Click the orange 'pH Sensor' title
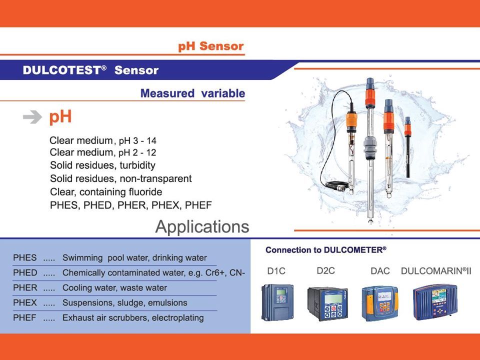(211, 46)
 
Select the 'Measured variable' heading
(192, 93)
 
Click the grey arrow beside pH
(32, 116)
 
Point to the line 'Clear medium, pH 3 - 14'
(103, 140)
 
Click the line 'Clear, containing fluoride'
(106, 192)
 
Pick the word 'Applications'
(202, 227)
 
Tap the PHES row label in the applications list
(25, 258)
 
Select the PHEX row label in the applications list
(25, 302)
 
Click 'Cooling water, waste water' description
(115, 288)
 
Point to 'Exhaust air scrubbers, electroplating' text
(133, 318)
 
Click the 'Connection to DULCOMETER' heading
(325, 250)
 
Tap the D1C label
(276, 271)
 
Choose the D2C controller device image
(327, 303)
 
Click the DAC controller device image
(380, 303)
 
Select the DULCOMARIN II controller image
(435, 302)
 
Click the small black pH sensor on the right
(407, 147)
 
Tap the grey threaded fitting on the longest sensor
(370, 147)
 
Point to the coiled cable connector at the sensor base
(336, 185)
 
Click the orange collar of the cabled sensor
(351, 120)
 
